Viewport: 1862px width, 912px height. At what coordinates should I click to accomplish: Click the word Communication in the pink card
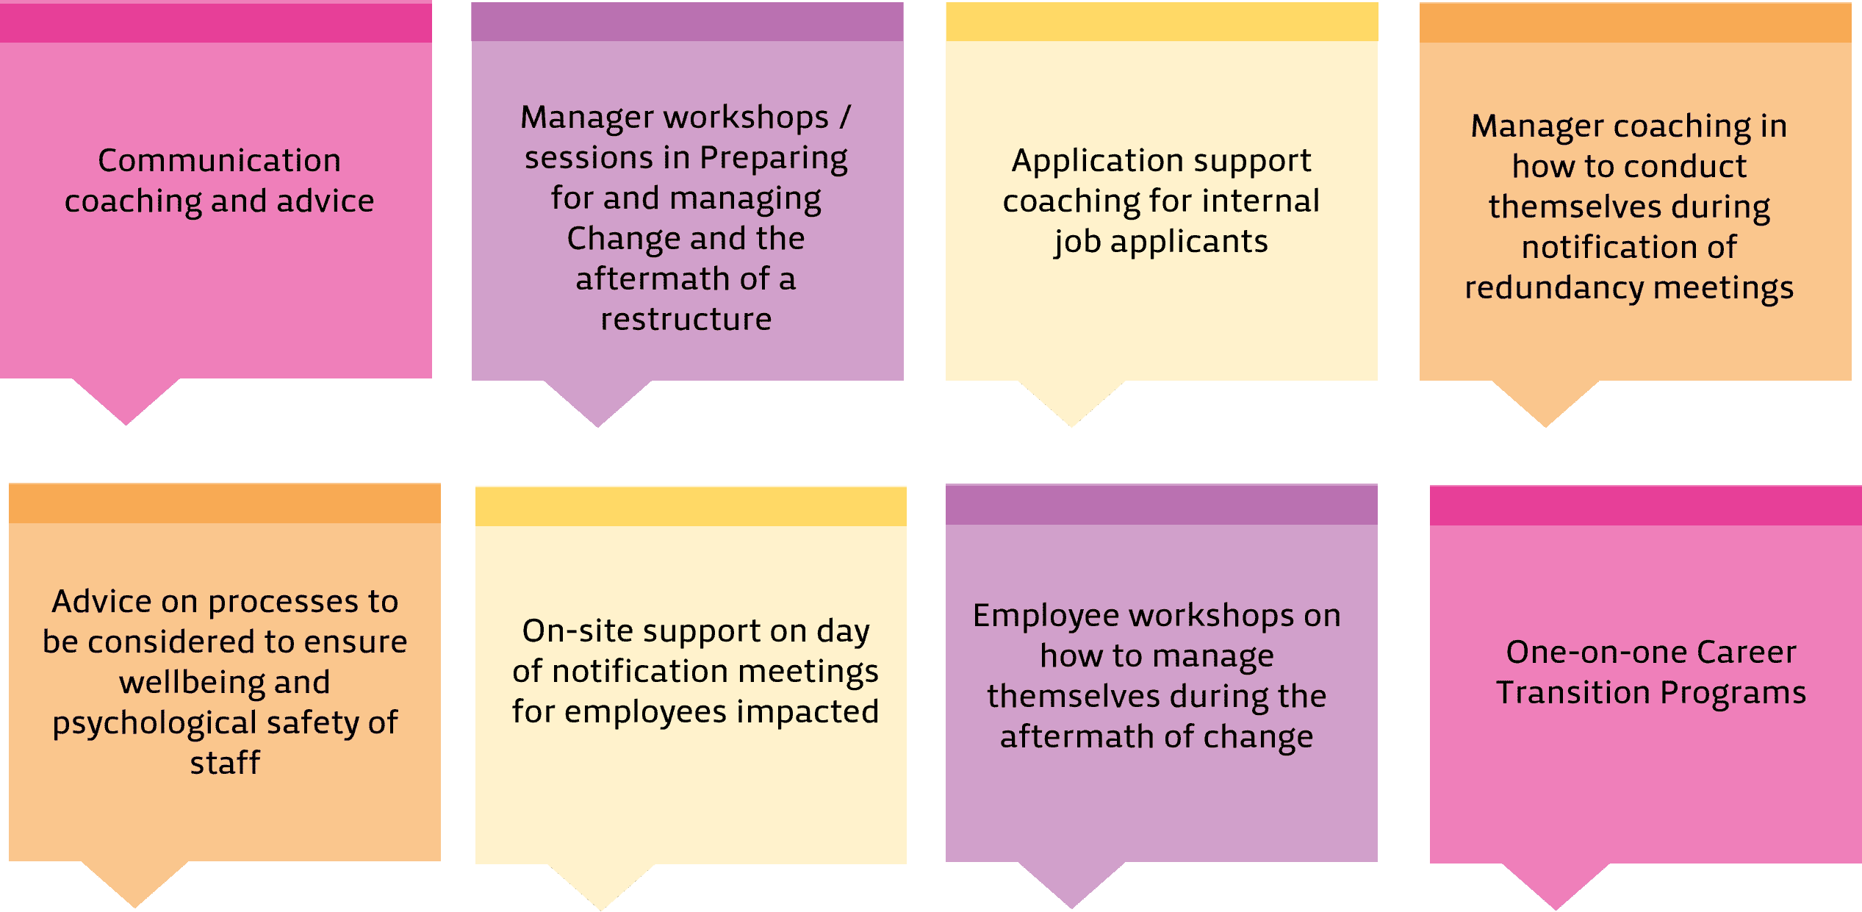pyautogui.click(x=219, y=160)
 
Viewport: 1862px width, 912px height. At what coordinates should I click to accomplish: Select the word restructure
pyautogui.click(x=686, y=320)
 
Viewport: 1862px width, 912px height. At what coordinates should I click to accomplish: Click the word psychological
pyautogui.click(x=154, y=724)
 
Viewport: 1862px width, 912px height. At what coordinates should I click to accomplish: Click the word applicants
pyautogui.click(x=1189, y=243)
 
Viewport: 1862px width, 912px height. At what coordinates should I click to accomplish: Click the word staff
pyautogui.click(x=225, y=763)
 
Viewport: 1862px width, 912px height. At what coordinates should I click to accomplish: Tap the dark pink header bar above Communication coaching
pyautogui.click(x=216, y=23)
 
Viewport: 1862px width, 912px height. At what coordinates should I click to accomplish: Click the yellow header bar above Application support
pyautogui.click(x=1162, y=21)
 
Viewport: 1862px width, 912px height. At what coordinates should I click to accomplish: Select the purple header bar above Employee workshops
pyautogui.click(x=1161, y=504)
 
